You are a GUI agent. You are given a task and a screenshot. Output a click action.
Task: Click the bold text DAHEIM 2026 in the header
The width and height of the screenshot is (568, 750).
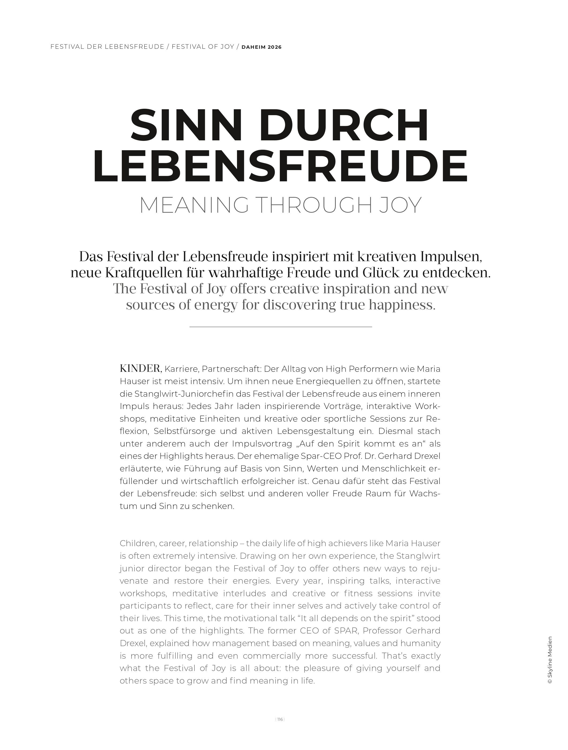point(261,47)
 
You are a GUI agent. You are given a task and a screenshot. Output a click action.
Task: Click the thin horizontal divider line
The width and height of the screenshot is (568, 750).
point(281,327)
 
